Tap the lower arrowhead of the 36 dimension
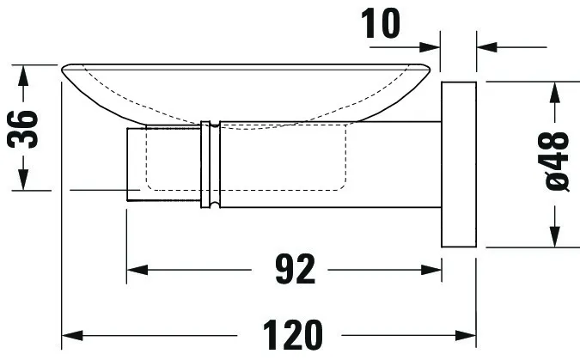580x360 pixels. click(x=25, y=181)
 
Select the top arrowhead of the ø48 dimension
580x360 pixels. click(x=557, y=92)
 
